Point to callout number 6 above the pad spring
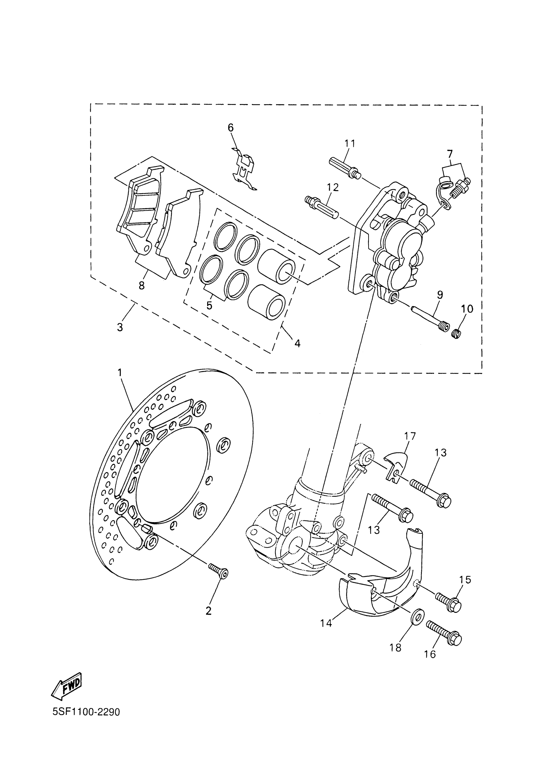231,128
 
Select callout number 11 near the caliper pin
350,144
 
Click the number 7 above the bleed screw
450,154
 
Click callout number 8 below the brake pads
142,286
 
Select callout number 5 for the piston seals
209,306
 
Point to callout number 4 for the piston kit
297,343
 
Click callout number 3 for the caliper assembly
120,327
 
